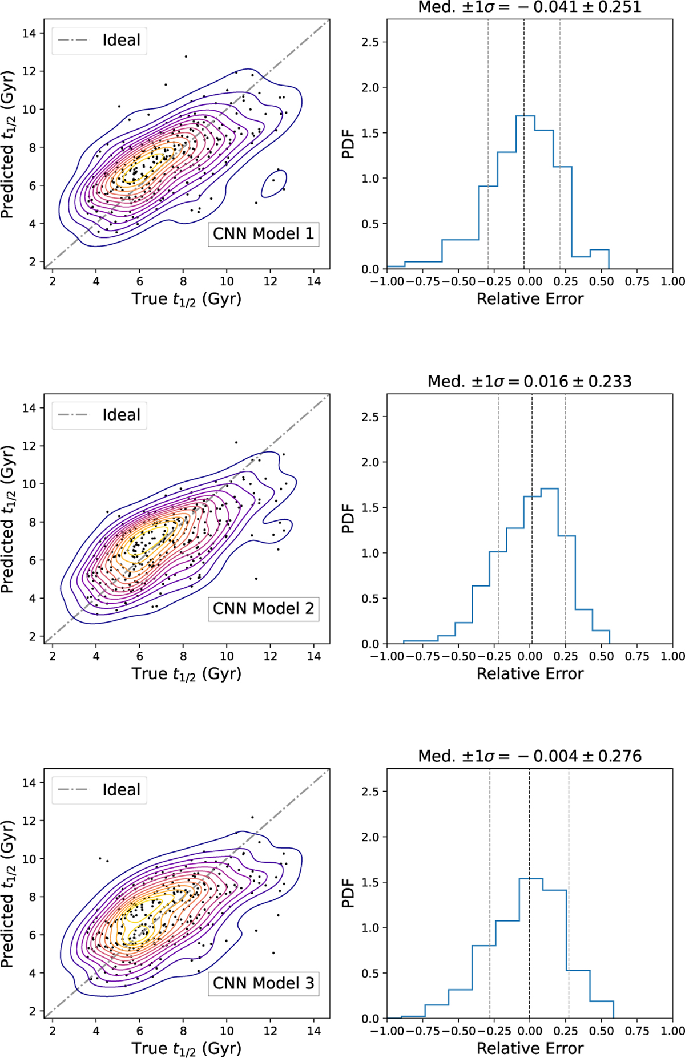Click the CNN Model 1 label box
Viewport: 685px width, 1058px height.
(263, 234)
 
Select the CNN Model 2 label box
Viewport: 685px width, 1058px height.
(263, 609)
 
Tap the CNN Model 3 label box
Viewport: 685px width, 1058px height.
(263, 983)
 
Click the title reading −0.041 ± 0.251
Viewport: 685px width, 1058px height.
(530, 7)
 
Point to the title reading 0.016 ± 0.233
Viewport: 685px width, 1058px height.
(530, 382)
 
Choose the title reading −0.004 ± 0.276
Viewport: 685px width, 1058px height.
(530, 756)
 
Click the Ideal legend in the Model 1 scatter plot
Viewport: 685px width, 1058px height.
(99, 41)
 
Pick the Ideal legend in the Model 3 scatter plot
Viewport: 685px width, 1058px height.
(99, 790)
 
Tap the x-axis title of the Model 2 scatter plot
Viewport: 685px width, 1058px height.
(187, 674)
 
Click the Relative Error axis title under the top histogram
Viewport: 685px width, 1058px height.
(530, 299)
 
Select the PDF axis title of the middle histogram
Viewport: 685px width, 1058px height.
(348, 519)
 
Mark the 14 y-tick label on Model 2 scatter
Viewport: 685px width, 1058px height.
(29, 408)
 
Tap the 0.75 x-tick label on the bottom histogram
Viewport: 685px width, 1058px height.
(636, 1031)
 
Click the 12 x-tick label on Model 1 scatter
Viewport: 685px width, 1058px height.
(271, 281)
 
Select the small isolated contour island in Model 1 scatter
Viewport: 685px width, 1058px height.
(274, 184)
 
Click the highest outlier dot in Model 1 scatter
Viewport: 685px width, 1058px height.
(186, 56)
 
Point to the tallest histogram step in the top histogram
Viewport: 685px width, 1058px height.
(525, 116)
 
